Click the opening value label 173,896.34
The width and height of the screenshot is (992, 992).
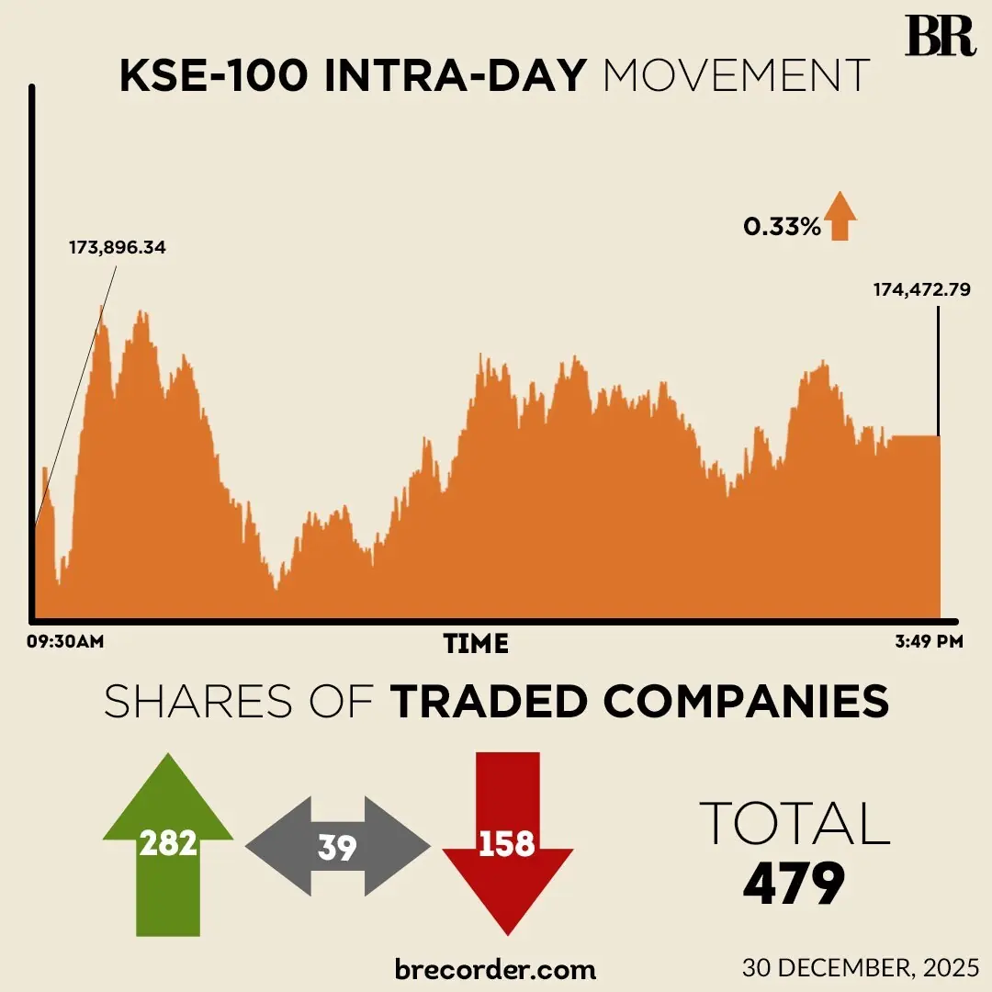(118, 248)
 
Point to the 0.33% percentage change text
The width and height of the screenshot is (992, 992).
(782, 226)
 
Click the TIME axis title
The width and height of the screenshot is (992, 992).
(476, 643)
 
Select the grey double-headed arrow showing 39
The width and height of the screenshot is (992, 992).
(337, 846)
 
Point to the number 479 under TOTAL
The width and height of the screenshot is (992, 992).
(794, 884)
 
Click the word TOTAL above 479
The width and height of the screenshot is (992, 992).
(795, 823)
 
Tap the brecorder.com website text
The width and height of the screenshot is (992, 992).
(495, 968)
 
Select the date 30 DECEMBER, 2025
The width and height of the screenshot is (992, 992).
(861, 967)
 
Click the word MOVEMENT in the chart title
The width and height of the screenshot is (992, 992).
(736, 77)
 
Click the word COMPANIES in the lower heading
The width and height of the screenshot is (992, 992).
(746, 702)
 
